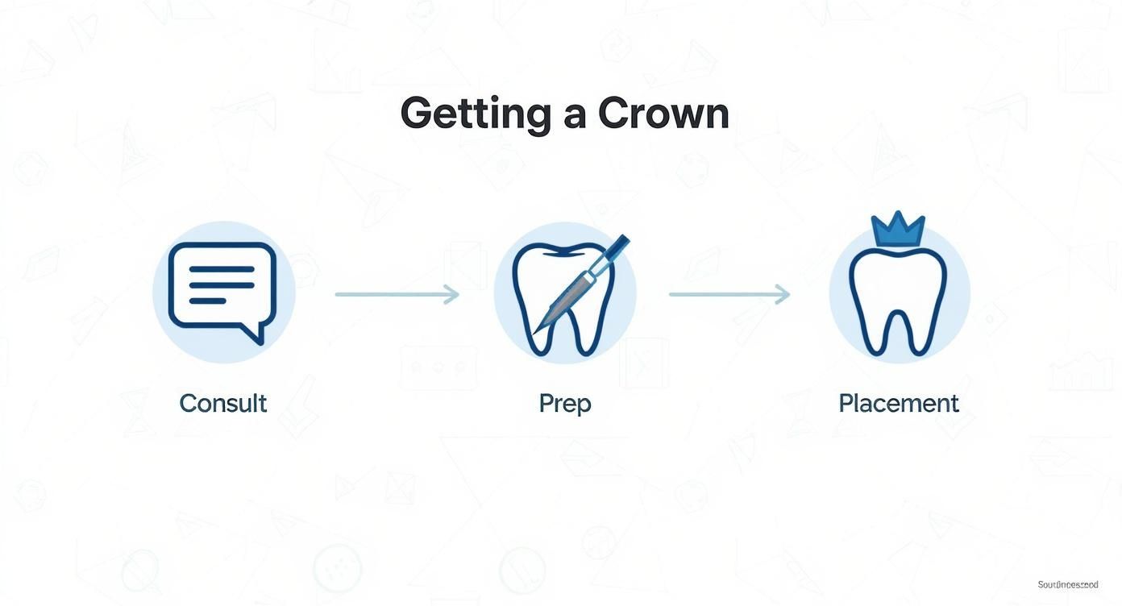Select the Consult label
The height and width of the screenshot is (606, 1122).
click(222, 403)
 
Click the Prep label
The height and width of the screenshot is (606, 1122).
click(564, 404)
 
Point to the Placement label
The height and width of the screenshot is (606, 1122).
click(899, 403)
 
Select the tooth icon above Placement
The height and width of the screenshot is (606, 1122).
click(898, 302)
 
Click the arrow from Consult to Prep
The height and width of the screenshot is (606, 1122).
click(397, 295)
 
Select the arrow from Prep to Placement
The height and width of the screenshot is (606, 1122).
click(729, 295)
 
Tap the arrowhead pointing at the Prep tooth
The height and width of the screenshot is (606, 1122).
click(453, 295)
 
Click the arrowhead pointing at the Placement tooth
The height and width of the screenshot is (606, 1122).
click(783, 295)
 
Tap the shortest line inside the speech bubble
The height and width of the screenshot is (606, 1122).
click(207, 300)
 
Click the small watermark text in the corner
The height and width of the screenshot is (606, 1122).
click(1067, 584)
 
